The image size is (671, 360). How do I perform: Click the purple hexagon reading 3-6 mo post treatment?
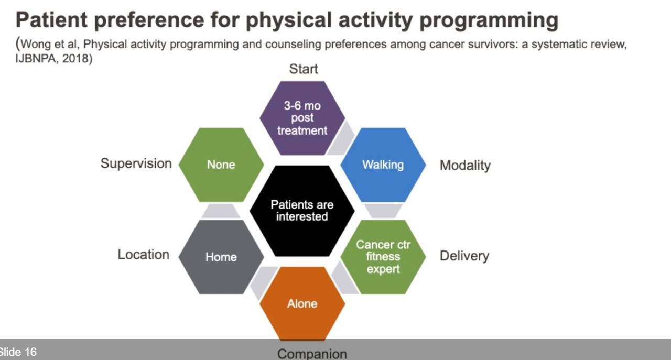tap(302, 118)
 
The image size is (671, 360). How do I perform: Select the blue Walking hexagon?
tap(383, 165)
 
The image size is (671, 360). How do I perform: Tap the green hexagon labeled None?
tap(221, 165)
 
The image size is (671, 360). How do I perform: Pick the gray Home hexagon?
tap(221, 257)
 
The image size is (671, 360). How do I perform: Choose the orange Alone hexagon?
tap(302, 304)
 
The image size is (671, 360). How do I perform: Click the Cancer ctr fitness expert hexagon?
tap(383, 257)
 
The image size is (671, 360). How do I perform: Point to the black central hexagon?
tap(302, 211)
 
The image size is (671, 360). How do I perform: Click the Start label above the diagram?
tap(304, 69)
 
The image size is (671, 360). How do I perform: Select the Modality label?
tap(465, 165)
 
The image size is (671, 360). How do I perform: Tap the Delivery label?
tap(464, 256)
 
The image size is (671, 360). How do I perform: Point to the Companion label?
tap(312, 354)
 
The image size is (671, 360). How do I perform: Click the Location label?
tap(144, 255)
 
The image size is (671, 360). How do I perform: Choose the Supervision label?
tap(136, 164)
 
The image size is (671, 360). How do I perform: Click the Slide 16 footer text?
tap(18, 352)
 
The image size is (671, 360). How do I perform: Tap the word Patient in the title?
tap(51, 20)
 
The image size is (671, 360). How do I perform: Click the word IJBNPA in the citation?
tap(36, 58)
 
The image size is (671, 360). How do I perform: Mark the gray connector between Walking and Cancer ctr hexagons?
tap(383, 211)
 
